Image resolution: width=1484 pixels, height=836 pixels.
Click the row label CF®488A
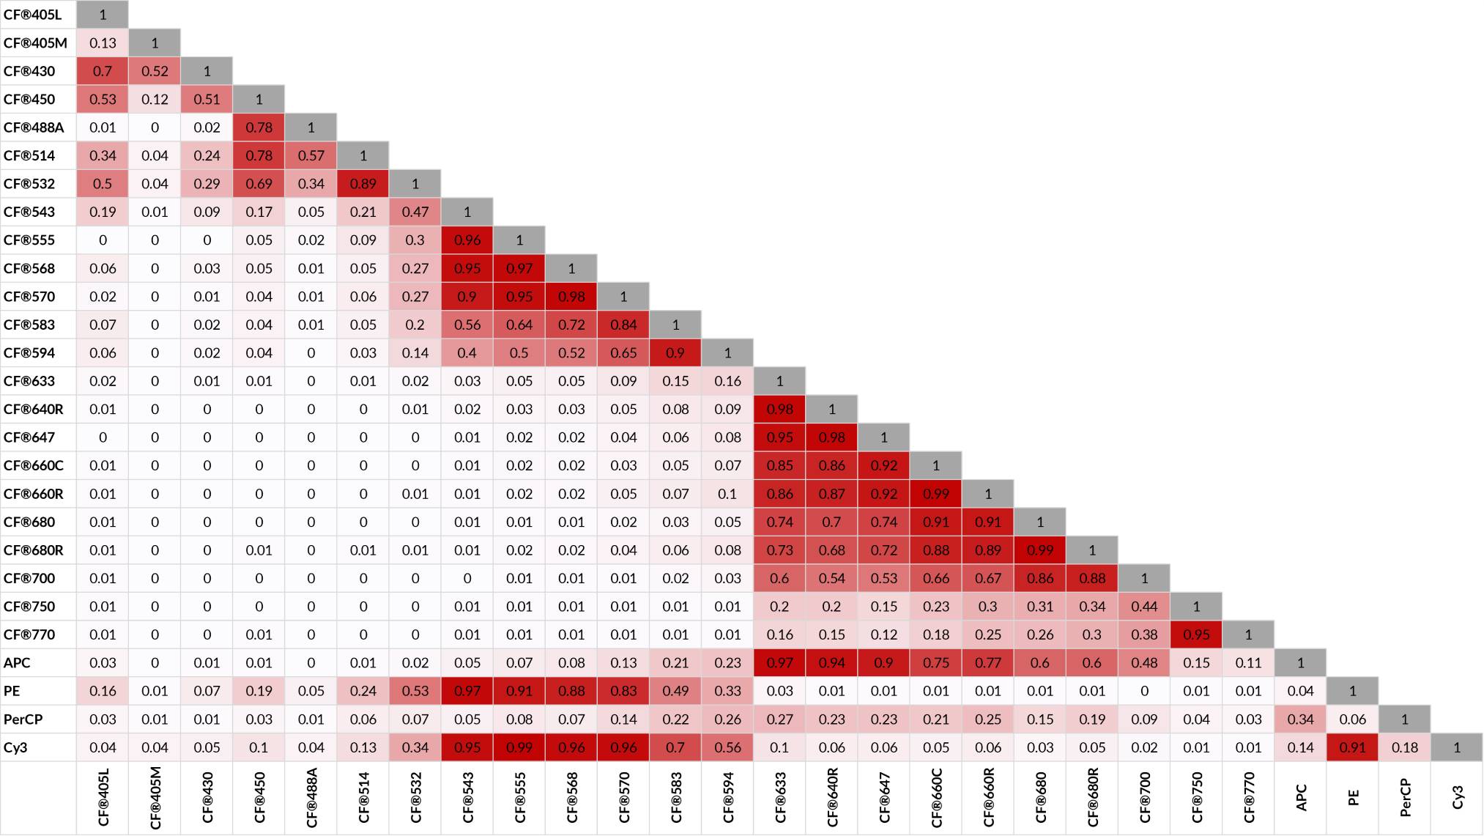coord(34,127)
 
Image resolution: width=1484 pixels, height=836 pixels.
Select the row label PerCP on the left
coord(23,720)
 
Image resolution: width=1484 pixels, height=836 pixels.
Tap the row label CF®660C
coord(34,466)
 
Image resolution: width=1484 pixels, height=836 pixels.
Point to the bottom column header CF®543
coord(468,798)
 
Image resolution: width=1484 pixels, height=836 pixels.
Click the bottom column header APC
coord(1302,798)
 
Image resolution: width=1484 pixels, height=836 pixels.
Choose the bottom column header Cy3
coord(1458,798)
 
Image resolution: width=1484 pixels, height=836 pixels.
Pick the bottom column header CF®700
coord(1145,798)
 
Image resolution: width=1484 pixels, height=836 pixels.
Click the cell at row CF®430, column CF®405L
coord(103,71)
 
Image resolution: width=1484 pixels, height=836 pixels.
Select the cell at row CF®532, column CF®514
coord(363,184)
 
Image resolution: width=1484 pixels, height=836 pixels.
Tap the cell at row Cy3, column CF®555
coord(519,748)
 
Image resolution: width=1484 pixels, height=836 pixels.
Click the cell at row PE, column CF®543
coord(467,692)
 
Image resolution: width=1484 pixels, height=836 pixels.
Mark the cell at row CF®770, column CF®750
coord(1196,635)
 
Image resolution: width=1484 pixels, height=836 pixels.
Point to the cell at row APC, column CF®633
coord(779,663)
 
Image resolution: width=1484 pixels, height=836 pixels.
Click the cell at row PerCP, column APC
coord(1301,720)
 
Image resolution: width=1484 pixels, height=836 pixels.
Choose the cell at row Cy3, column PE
coord(1353,748)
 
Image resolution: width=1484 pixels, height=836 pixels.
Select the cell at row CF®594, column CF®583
coord(675,353)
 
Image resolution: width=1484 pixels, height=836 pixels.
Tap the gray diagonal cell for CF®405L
coord(103,15)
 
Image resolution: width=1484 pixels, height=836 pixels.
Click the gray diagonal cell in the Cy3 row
coord(1457,748)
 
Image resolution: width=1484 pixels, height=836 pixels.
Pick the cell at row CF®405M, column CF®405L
coord(103,43)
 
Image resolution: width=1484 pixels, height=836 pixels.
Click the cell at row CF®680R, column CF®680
coord(1040,550)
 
